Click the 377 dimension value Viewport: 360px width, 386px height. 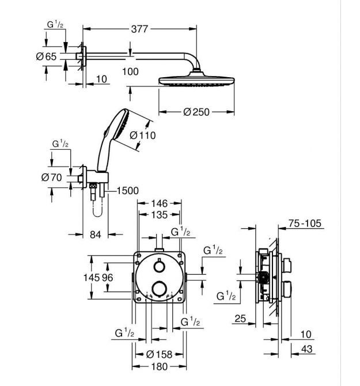tap(139, 29)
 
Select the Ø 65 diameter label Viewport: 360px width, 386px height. tap(46, 56)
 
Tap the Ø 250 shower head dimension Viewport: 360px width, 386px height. tap(196, 112)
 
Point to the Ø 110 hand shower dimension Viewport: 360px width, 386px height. tap(143, 135)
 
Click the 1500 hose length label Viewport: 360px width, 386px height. tap(127, 191)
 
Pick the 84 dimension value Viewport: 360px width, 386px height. tap(96, 234)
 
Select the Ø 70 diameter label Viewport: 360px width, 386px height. tap(51, 177)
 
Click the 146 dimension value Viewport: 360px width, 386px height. tap(159, 203)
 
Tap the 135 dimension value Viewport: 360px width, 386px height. tap(160, 215)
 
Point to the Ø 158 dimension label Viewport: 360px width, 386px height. tap(160, 354)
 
